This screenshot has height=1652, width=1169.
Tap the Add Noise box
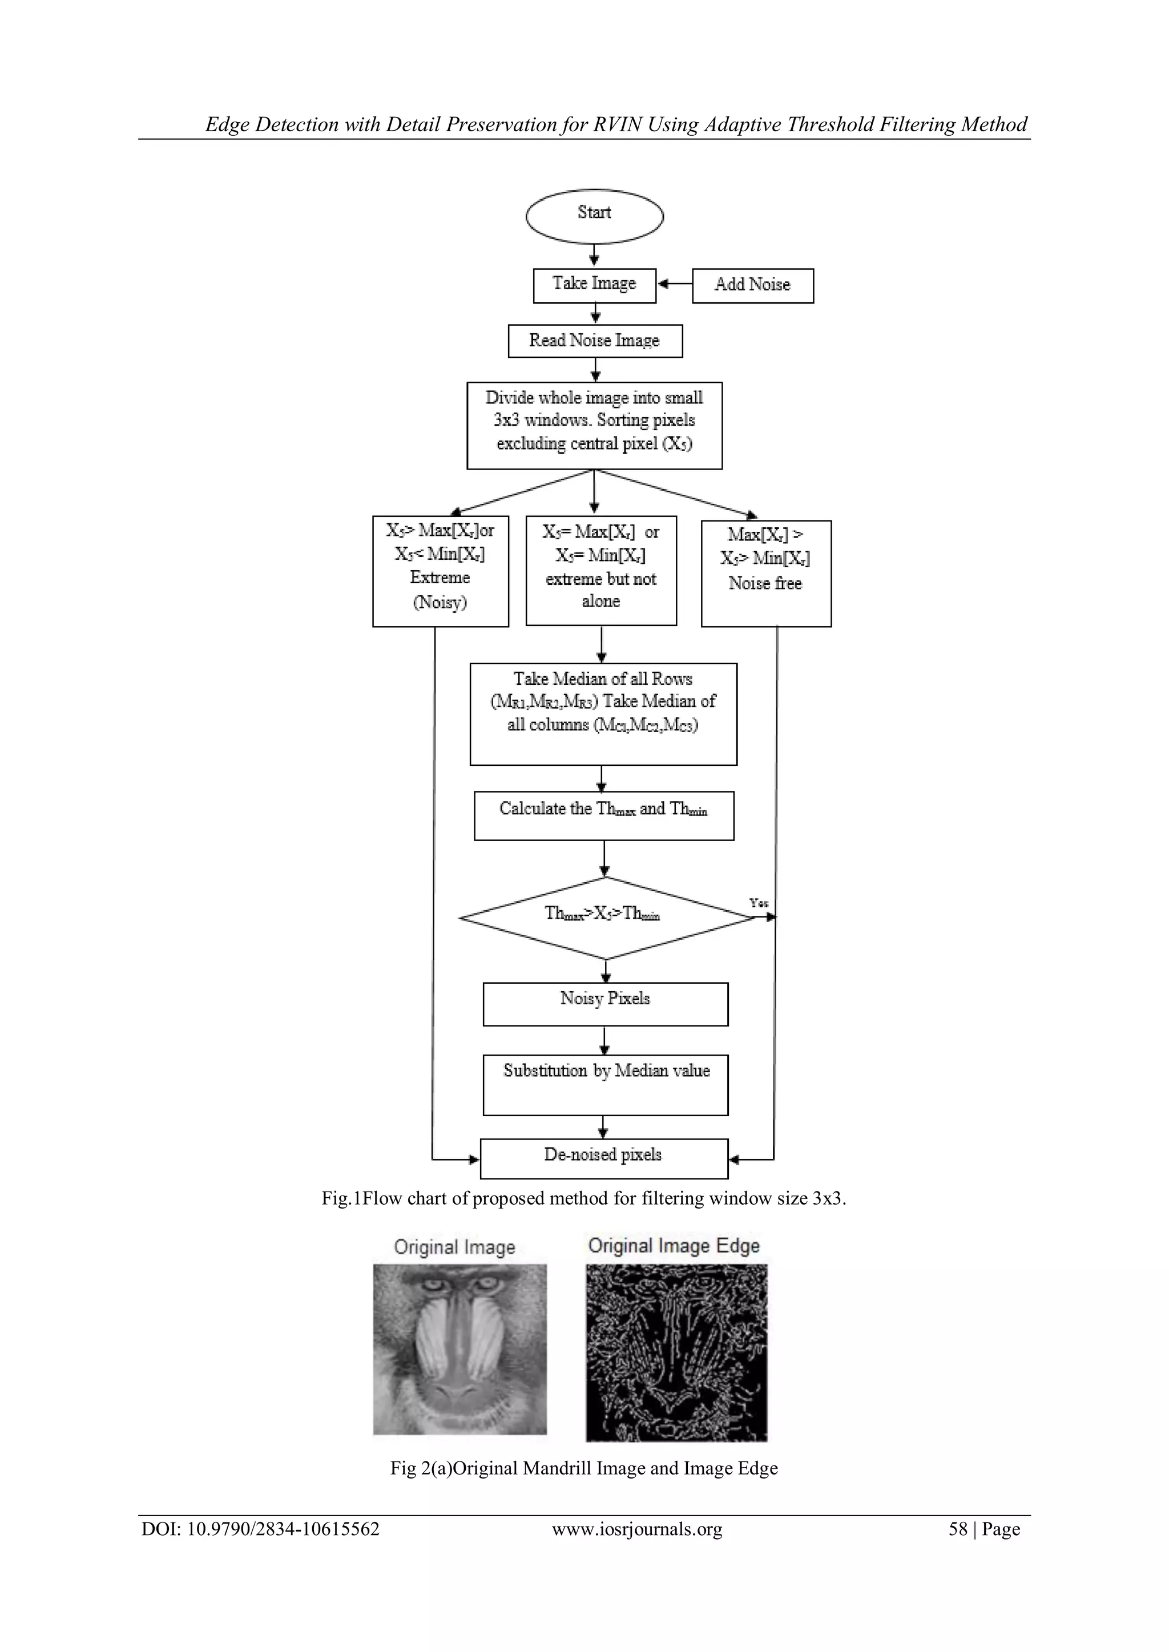coord(753,286)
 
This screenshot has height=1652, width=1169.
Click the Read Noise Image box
coord(595,341)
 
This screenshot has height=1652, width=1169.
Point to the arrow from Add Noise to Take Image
coord(675,285)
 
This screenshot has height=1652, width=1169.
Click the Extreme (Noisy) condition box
coord(441,571)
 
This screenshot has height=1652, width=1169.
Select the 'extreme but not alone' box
coord(601,570)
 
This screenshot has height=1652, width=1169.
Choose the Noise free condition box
coord(766,573)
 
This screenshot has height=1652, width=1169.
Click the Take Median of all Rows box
coord(603,713)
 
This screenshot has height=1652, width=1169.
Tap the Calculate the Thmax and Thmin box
coord(604,815)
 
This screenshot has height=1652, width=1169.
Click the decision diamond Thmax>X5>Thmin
coord(604,918)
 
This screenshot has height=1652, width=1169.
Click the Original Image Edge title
coord(674,1246)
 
